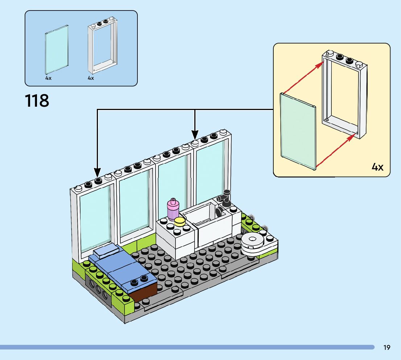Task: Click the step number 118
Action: pos(37,101)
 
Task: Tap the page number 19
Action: pos(386,347)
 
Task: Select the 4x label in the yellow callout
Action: pos(377,167)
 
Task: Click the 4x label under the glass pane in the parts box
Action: pos(48,78)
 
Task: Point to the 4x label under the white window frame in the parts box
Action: pos(91,78)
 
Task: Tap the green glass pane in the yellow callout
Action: pos(298,131)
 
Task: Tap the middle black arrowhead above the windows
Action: pos(195,135)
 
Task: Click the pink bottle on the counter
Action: pos(173,209)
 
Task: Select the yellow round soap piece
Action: pos(179,222)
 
